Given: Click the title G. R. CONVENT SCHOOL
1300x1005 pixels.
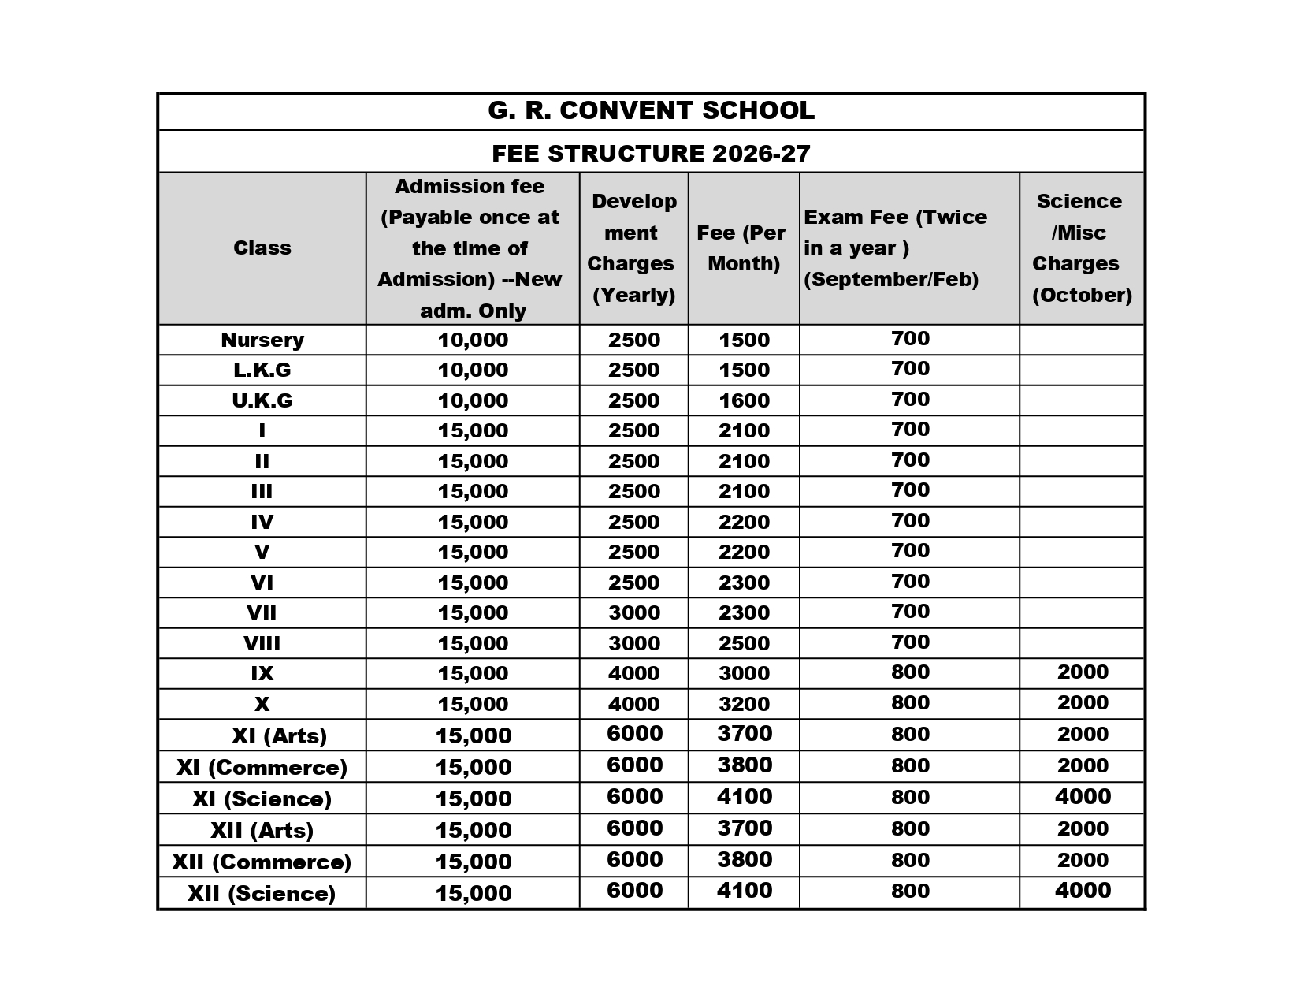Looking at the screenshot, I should click(651, 111).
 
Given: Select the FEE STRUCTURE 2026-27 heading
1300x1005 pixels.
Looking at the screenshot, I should click(651, 153).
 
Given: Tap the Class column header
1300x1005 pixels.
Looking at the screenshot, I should click(262, 248).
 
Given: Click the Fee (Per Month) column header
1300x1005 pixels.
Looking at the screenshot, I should click(743, 248).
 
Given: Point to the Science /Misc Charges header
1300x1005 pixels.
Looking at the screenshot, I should click(1081, 248).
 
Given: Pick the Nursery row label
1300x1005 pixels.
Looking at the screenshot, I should click(262, 340).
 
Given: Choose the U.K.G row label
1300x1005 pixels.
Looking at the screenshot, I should click(262, 400).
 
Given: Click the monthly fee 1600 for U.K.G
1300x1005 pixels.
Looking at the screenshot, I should click(744, 400).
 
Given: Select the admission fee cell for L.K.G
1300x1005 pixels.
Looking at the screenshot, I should click(473, 370).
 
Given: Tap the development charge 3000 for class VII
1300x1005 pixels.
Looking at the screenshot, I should click(633, 612).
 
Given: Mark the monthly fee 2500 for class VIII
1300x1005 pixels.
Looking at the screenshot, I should click(744, 643).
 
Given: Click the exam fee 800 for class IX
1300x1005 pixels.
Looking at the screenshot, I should click(910, 672).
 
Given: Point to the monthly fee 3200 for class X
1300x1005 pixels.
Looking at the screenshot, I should click(744, 704).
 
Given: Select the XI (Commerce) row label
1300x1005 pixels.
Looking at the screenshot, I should click(262, 767).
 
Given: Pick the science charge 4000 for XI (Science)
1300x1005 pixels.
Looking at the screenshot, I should click(1083, 796).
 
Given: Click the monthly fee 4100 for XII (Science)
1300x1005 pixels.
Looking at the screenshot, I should click(745, 891).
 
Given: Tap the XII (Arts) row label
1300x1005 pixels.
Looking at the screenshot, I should click(262, 830).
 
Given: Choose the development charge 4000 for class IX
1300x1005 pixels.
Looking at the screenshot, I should click(633, 673).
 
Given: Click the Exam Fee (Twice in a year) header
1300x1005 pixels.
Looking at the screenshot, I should click(895, 248).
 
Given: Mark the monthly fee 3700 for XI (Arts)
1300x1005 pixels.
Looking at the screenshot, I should click(745, 734).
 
